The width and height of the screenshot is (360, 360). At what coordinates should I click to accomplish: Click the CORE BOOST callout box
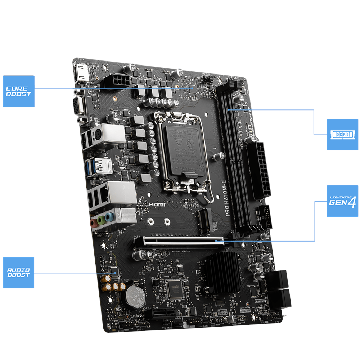point(18,91)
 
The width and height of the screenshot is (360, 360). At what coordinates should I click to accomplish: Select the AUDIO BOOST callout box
point(18,273)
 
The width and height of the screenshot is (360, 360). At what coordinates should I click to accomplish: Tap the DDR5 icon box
point(342,134)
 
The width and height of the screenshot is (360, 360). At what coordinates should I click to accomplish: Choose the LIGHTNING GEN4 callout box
point(342,201)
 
